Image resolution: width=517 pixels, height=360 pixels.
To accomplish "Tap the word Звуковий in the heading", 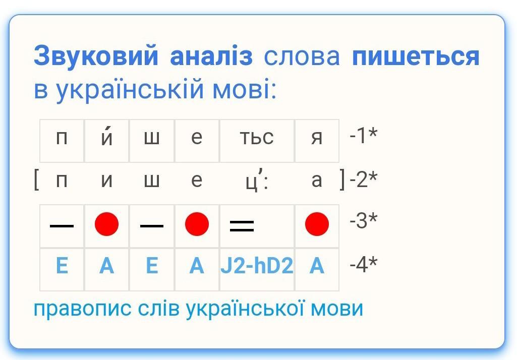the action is point(96,56).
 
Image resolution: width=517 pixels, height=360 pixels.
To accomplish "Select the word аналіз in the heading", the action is point(211,56).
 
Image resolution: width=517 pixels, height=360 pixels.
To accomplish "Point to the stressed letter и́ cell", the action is point(106,141).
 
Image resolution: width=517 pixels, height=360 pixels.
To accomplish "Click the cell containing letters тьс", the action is point(257,141).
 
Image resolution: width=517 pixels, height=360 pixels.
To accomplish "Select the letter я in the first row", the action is point(317,138).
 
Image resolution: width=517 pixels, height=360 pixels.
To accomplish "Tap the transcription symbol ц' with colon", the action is point(257,181).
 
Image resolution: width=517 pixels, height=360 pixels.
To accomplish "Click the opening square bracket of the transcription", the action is point(36,181).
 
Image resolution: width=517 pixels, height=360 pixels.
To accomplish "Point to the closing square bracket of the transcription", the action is point(342,180).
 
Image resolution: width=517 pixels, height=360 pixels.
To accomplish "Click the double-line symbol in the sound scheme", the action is point(242,226).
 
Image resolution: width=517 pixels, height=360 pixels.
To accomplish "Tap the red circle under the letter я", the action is point(317,224).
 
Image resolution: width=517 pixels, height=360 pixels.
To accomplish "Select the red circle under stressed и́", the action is point(106,224).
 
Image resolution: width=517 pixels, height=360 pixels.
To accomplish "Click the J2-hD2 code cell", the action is point(257,265).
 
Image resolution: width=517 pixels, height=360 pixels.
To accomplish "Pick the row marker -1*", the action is point(363,135).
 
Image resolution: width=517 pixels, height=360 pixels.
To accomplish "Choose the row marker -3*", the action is point(363,220).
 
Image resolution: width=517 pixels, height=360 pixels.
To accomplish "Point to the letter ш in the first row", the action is point(152,138).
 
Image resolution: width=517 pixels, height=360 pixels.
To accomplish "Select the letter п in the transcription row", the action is point(62,181).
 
